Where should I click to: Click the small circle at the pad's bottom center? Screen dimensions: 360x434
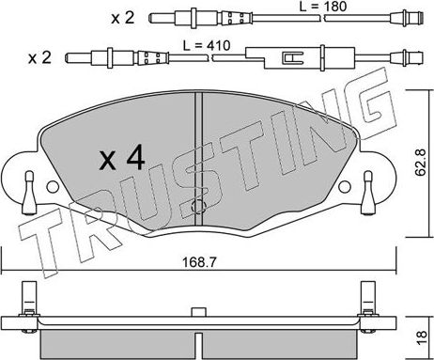click(198, 207)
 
